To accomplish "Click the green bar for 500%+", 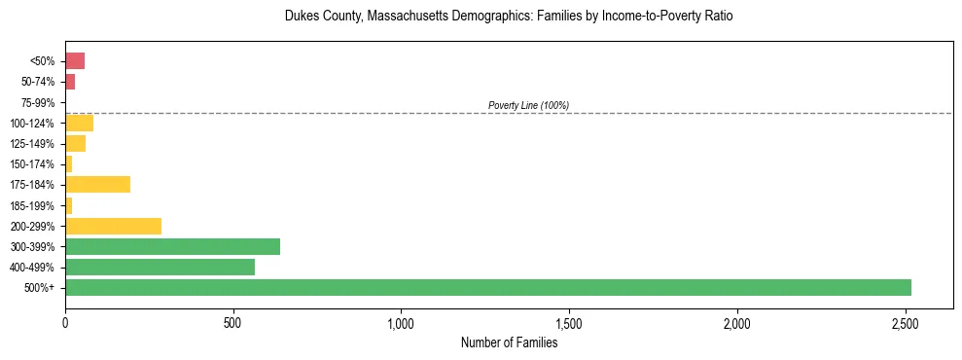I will click(x=487, y=287).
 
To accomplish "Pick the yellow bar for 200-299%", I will click(x=113, y=226).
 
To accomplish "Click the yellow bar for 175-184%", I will click(x=97, y=184).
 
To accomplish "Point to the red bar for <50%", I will click(x=75, y=61).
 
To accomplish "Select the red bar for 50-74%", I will click(x=70, y=82).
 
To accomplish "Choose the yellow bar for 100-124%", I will click(x=79, y=123).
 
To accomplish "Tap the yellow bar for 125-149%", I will click(x=75, y=143).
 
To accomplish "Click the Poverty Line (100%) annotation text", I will click(x=528, y=105).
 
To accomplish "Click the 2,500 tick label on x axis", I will click(x=905, y=323).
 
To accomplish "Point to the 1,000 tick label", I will click(x=401, y=323).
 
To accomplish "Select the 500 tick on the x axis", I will click(x=233, y=323).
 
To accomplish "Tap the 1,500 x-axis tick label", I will click(x=569, y=323).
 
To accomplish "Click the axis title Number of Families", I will click(x=509, y=342).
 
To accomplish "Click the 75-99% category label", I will click(x=38, y=102).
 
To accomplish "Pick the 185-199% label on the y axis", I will click(x=34, y=205).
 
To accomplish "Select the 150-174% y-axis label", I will click(x=34, y=164).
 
